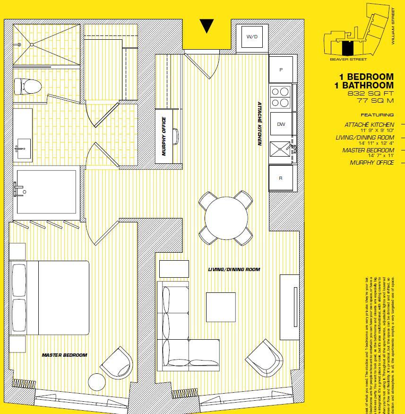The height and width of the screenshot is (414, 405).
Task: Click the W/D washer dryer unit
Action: click(252, 37)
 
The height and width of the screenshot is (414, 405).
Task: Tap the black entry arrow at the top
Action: click(207, 26)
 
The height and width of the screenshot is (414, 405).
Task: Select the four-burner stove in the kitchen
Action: click(281, 97)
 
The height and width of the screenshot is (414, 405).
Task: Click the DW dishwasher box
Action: click(281, 124)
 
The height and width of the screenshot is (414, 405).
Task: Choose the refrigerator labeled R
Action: click(281, 178)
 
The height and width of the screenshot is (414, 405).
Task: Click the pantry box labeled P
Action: click(281, 70)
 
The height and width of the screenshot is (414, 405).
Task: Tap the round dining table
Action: click(225, 217)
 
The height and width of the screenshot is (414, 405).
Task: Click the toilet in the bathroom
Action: click(27, 86)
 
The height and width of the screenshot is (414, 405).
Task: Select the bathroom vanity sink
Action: click(22, 148)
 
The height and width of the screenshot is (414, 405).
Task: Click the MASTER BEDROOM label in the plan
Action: click(64, 355)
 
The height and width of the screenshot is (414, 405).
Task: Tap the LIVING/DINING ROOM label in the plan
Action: click(234, 269)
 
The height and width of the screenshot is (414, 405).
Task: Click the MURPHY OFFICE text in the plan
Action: click(164, 136)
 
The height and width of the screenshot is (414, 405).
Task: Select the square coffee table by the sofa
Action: click(220, 307)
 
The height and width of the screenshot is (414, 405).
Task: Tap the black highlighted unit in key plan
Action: click(347, 48)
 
